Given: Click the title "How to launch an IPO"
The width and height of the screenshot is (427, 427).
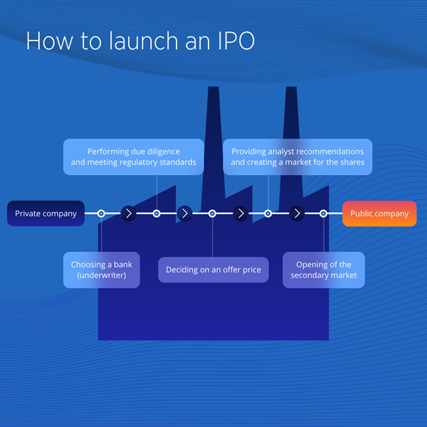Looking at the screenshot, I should click(140, 41).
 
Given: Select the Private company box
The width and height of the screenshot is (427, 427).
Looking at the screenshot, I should click(46, 213).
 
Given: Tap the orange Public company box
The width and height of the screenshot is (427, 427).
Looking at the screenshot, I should click(379, 213).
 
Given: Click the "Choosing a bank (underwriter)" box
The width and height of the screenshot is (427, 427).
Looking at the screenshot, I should click(101, 270).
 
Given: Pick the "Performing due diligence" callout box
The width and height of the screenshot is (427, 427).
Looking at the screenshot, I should click(133, 157).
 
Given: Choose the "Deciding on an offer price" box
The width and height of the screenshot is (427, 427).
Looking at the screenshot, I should click(213, 270).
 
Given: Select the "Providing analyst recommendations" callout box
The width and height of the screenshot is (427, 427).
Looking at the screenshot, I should click(297, 157).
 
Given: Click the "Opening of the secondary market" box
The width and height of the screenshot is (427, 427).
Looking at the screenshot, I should click(323, 270).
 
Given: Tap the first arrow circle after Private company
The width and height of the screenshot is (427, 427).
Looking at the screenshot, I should click(128, 213).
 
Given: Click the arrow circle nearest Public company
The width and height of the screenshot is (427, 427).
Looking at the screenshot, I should click(297, 213).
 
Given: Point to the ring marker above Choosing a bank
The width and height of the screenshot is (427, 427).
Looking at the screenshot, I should click(101, 213).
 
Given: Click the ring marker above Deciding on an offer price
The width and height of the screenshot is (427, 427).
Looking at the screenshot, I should click(212, 213).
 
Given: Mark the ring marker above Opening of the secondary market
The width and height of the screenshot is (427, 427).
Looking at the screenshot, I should click(323, 213).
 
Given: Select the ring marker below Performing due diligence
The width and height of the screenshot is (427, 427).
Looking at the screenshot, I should click(157, 213).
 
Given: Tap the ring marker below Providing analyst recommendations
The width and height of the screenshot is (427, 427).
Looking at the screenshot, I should click(268, 213).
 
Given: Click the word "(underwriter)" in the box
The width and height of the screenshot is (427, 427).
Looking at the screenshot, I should click(101, 275).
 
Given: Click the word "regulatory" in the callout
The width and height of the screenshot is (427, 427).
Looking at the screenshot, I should click(154, 162).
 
